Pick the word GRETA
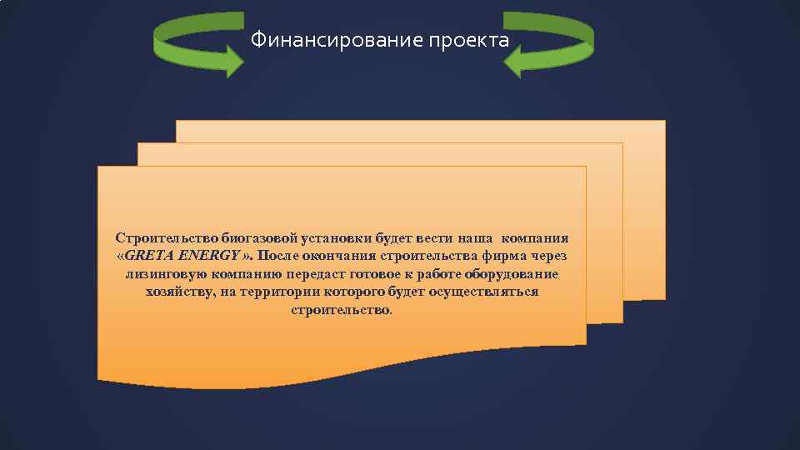click(149, 255)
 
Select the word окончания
click(345, 255)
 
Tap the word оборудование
click(512, 273)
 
